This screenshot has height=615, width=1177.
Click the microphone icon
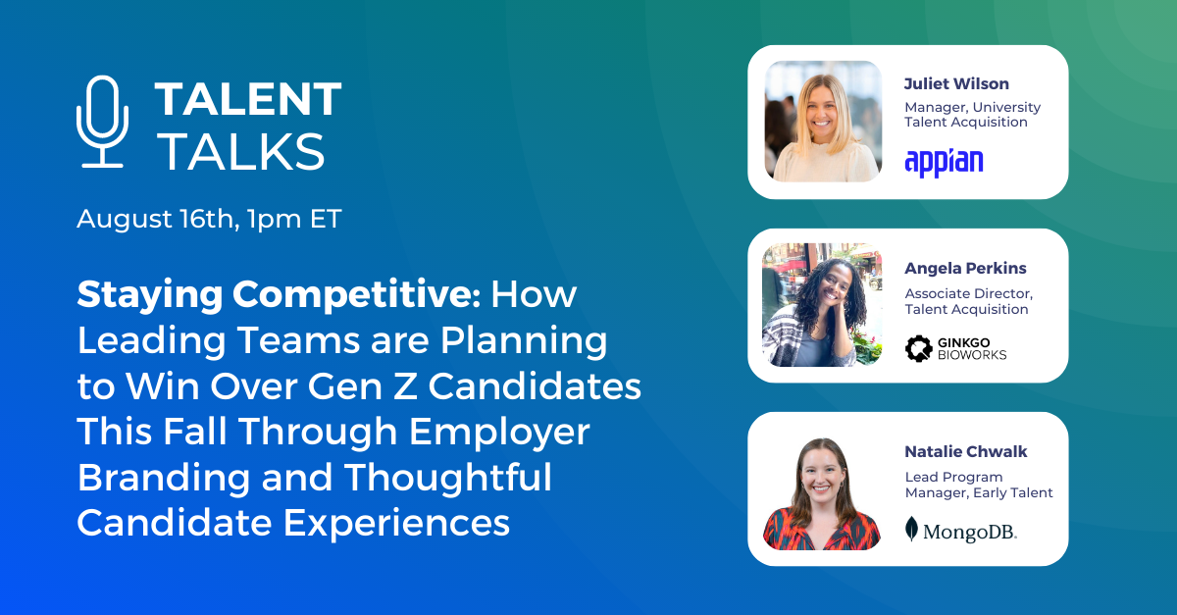(102, 122)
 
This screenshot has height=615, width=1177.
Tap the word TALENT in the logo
(248, 99)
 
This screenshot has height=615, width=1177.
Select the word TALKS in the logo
(240, 152)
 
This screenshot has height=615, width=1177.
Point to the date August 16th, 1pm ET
(209, 219)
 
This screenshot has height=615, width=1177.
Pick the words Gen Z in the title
(378, 386)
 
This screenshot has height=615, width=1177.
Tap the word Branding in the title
(148, 478)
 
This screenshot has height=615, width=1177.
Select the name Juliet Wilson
(956, 83)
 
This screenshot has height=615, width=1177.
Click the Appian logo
(944, 161)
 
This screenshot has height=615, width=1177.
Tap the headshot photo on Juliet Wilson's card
(822, 122)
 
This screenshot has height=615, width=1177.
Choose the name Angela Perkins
(964, 268)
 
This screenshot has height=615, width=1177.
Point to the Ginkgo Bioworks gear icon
(917, 347)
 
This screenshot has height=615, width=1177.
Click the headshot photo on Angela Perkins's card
(822, 305)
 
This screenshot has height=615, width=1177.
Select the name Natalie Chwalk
(966, 452)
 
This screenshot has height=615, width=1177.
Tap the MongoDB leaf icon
(911, 530)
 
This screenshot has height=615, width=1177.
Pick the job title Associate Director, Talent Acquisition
(968, 301)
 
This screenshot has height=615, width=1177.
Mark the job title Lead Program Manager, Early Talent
(978, 485)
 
